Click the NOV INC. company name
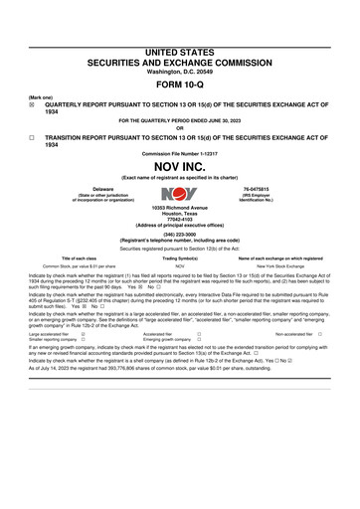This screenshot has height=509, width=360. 180,165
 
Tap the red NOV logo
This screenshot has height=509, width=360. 180,192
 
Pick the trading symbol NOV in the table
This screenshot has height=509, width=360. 179,266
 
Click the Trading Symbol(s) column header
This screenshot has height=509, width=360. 179,257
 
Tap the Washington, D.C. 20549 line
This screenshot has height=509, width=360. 180,70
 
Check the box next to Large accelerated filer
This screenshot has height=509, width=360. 83,335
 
